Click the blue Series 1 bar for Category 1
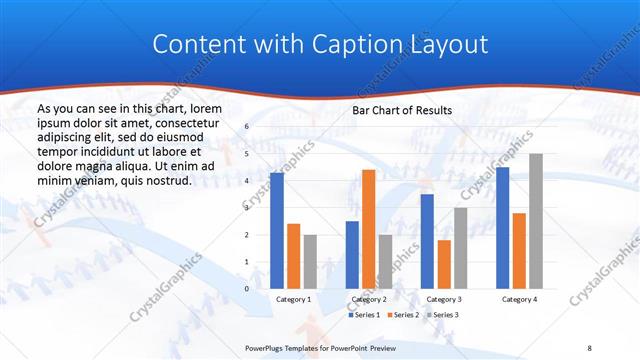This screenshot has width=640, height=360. coord(276,231)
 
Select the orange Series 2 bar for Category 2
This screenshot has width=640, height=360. coord(368,229)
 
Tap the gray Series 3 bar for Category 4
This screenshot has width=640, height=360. coord(536,221)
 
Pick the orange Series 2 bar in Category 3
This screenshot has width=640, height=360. coord(444,264)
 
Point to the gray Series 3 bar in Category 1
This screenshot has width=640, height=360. coord(310,262)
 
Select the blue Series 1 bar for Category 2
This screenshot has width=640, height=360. coord(352,255)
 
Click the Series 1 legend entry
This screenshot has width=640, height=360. coord(364,315)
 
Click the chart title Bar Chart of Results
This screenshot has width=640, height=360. coord(403,110)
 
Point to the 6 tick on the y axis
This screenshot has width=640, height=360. coord(246,127)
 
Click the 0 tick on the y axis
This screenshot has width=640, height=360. coord(246,289)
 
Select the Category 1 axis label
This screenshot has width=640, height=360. coord(293,299)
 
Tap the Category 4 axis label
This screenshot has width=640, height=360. coord(519,299)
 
